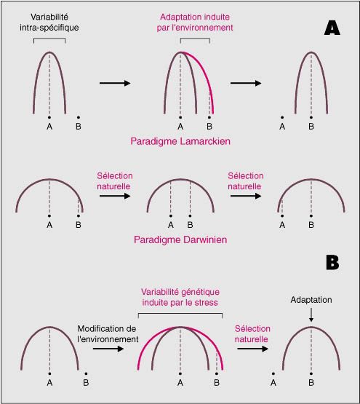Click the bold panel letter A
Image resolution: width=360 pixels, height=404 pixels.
tap(332, 28)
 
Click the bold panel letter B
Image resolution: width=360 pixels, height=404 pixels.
tap(332, 263)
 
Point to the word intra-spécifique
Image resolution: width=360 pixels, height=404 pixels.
tap(49, 28)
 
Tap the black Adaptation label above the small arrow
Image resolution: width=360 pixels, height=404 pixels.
tap(311, 300)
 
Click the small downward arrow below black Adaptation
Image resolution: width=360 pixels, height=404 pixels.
tap(311, 315)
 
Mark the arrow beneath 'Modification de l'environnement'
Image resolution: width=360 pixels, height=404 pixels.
tap(108, 349)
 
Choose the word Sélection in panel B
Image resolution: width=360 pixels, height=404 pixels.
tap(252, 329)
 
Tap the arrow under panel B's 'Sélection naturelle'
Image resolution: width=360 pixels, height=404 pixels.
tap(252, 349)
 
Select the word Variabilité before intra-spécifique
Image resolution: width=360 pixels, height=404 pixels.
tap(49, 17)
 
